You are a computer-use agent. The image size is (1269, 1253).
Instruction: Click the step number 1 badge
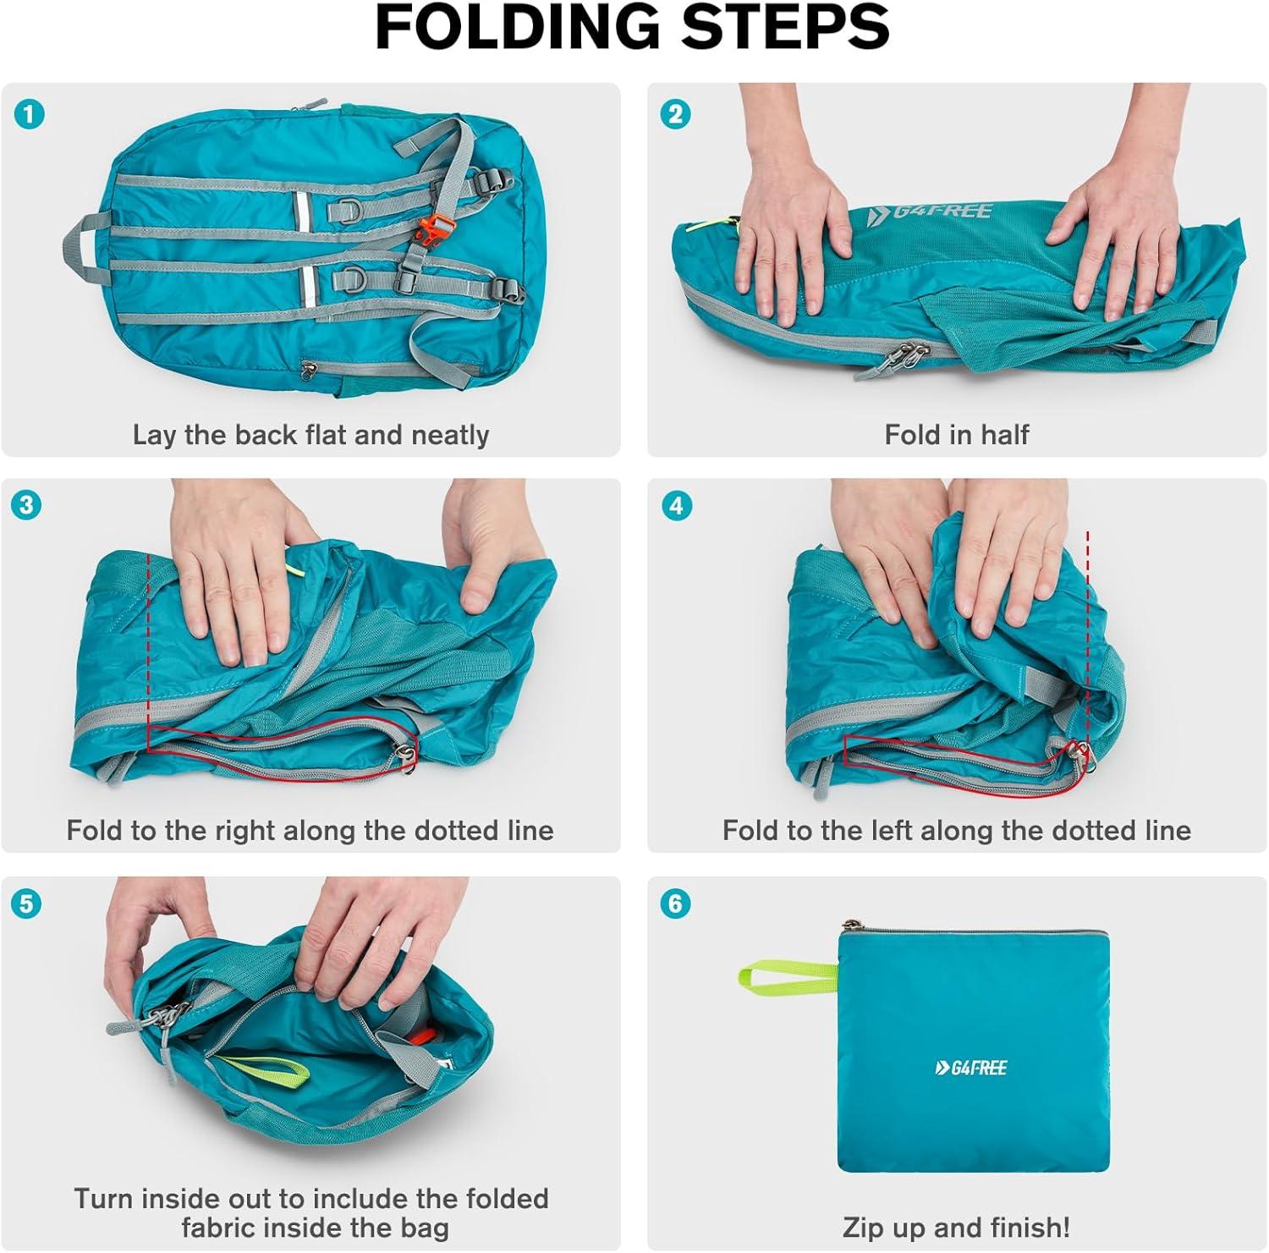pos(30,114)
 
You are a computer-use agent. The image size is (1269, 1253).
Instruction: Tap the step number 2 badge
pos(675,114)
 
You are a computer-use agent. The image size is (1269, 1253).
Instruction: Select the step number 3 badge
pos(27,506)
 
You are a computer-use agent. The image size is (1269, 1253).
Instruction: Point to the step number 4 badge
pos(675,506)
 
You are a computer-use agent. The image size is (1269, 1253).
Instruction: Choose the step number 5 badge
pos(26,904)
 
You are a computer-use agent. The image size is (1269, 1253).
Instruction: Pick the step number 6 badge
pos(675,904)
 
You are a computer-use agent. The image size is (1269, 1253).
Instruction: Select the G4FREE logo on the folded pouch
pos(971,1068)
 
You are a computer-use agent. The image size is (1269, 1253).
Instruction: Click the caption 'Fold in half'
pos(957,435)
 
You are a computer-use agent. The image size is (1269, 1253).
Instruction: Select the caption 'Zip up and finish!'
pos(957,1227)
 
